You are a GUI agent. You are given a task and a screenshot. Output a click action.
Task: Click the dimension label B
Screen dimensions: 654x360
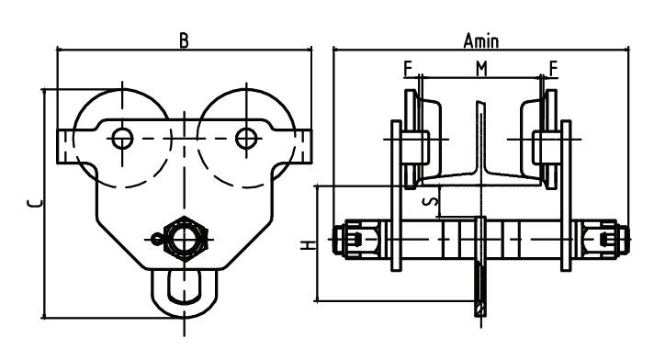pos(184,41)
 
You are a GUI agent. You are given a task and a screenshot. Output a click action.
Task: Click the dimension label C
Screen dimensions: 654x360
pos(34,204)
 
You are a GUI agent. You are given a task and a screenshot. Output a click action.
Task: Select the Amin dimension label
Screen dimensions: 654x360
pos(481,41)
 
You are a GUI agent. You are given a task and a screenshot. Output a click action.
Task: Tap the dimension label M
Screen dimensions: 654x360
pos(481,69)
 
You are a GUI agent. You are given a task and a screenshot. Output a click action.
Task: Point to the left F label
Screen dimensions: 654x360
pos(409,69)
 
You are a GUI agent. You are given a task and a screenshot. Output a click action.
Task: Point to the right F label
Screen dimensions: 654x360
pos(553,69)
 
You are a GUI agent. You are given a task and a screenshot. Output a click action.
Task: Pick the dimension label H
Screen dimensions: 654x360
pos(309,245)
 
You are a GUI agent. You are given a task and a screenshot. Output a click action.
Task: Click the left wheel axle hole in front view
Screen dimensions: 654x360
pos(122,138)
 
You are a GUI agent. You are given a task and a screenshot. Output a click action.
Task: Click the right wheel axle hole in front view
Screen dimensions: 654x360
pos(246,138)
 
